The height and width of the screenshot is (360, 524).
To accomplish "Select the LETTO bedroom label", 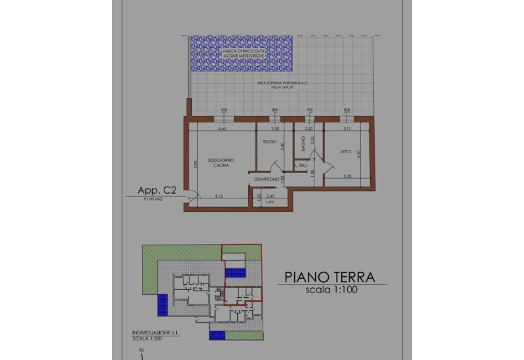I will coord(345,153).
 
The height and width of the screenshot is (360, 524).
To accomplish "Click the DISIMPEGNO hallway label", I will coord(267,178).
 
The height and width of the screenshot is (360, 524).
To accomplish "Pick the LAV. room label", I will coord(269,202).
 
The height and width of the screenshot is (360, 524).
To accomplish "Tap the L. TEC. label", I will coord(301,166).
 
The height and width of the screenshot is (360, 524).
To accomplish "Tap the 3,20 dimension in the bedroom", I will coord(348,176).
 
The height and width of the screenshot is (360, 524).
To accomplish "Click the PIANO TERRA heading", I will coord(329,277).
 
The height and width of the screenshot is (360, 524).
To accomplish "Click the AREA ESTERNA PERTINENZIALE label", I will coord(282,84).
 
